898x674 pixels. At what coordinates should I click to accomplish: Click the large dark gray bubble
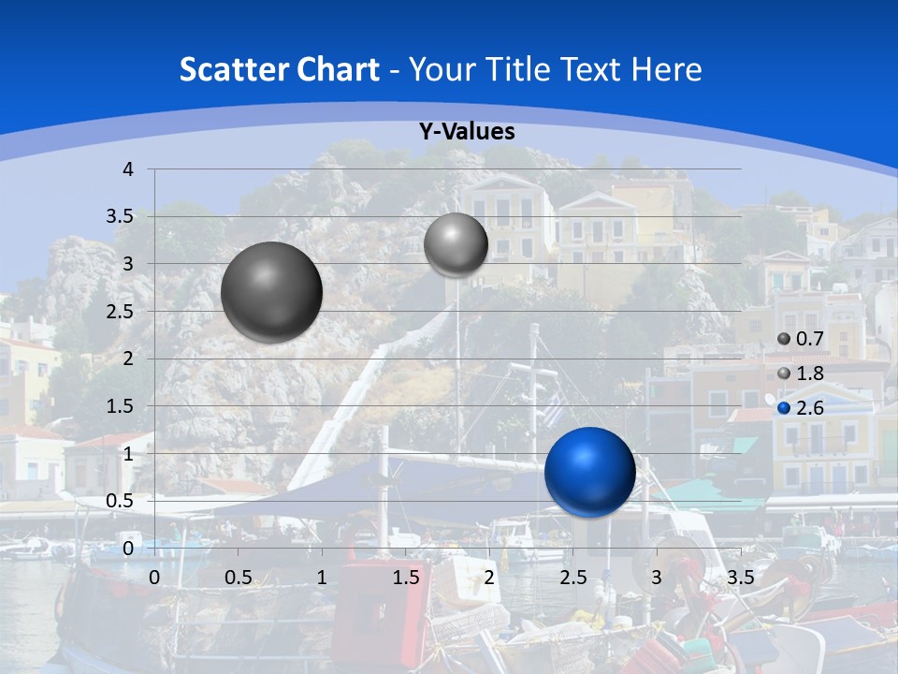[271, 292]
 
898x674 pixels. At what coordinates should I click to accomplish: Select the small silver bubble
[456, 244]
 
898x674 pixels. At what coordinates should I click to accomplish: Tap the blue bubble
[589, 472]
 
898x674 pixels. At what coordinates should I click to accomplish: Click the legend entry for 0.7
[801, 339]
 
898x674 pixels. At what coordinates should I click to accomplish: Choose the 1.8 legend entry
[801, 374]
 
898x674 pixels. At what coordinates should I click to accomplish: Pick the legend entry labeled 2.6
[801, 408]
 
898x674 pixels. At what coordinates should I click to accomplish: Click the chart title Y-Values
[466, 132]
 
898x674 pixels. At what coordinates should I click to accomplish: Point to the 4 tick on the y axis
[128, 169]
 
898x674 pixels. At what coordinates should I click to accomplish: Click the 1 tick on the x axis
[322, 578]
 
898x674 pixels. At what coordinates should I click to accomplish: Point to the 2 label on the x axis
[489, 578]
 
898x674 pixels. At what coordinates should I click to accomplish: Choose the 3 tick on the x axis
[657, 578]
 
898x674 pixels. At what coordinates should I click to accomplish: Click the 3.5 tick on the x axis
[740, 578]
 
